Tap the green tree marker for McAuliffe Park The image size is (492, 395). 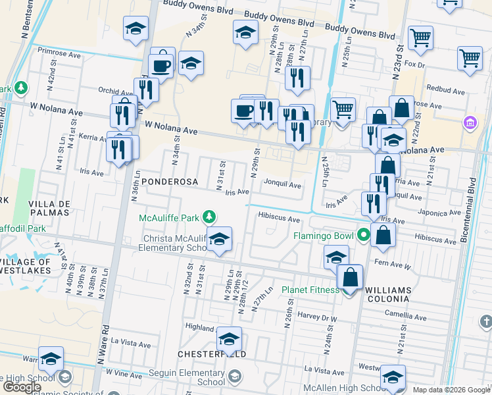click(x=209, y=216)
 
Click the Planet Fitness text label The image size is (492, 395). click(x=309, y=290)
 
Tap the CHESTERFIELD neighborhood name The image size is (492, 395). click(x=212, y=354)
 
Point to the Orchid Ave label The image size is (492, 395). click(x=115, y=92)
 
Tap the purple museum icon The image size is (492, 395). click(x=470, y=122)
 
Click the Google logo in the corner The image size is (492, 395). click(x=22, y=387)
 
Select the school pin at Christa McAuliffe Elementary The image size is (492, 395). click(x=220, y=240)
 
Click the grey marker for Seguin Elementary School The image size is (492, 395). click(x=234, y=377)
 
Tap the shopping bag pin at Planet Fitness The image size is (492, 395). click(x=351, y=277)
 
